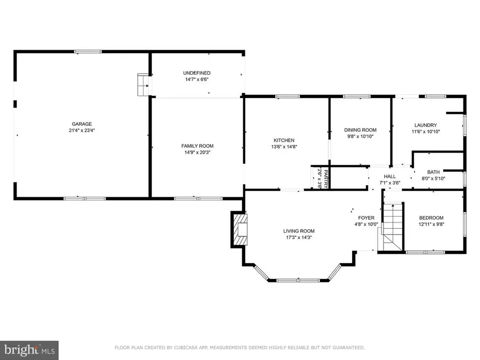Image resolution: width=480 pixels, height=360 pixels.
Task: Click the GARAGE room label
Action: pyautogui.click(x=82, y=123)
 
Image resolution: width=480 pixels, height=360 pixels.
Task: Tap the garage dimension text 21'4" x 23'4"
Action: pyautogui.click(x=82, y=130)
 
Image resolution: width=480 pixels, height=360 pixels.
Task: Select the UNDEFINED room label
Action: pyautogui.click(x=197, y=73)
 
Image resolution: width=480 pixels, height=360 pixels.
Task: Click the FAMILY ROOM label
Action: pyautogui.click(x=197, y=146)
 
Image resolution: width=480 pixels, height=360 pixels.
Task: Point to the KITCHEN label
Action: pyautogui.click(x=283, y=140)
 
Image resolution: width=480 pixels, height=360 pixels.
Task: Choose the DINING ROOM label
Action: pyautogui.click(x=360, y=130)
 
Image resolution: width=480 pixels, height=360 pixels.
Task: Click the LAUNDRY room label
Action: pyautogui.click(x=425, y=125)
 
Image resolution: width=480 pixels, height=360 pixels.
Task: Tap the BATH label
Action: pyautogui.click(x=433, y=172)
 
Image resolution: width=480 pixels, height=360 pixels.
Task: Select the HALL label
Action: pyautogui.click(x=390, y=176)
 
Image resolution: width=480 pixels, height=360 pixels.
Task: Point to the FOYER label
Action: pyautogui.click(x=366, y=218)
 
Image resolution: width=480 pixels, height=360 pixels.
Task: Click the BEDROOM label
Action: pyautogui.click(x=431, y=218)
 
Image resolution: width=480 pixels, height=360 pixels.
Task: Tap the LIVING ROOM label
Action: pyautogui.click(x=298, y=231)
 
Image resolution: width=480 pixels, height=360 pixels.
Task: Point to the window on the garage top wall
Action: pyautogui.click(x=88, y=52)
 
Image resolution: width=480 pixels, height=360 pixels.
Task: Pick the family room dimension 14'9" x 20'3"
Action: pyautogui.click(x=197, y=153)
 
